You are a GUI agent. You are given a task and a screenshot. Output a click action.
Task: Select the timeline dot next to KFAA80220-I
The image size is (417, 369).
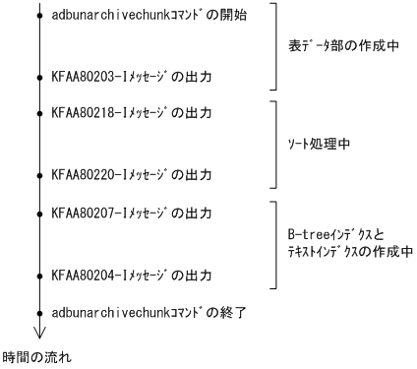39,176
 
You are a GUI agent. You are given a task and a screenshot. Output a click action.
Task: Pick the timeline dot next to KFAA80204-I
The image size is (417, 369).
39,275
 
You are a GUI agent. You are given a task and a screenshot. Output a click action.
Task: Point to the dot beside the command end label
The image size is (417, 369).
39,311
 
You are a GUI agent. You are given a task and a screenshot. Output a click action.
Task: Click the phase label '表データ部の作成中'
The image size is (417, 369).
341,44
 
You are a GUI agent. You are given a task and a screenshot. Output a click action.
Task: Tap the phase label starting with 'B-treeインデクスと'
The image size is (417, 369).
343,244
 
